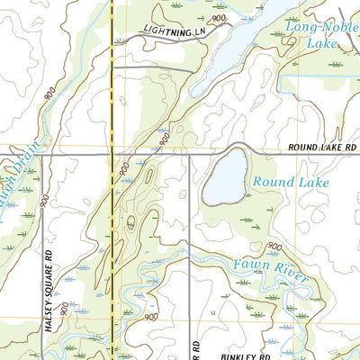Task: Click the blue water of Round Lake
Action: coord(225,176)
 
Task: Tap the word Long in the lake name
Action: coord(299,28)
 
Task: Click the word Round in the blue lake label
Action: coord(269,182)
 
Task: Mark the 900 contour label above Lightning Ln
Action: coord(218,18)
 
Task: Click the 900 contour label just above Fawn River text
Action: coord(274,247)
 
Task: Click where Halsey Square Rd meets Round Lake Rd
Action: coord(42,154)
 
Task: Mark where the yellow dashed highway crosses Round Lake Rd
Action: coord(112,154)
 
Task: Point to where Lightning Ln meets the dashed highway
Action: coord(112,41)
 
